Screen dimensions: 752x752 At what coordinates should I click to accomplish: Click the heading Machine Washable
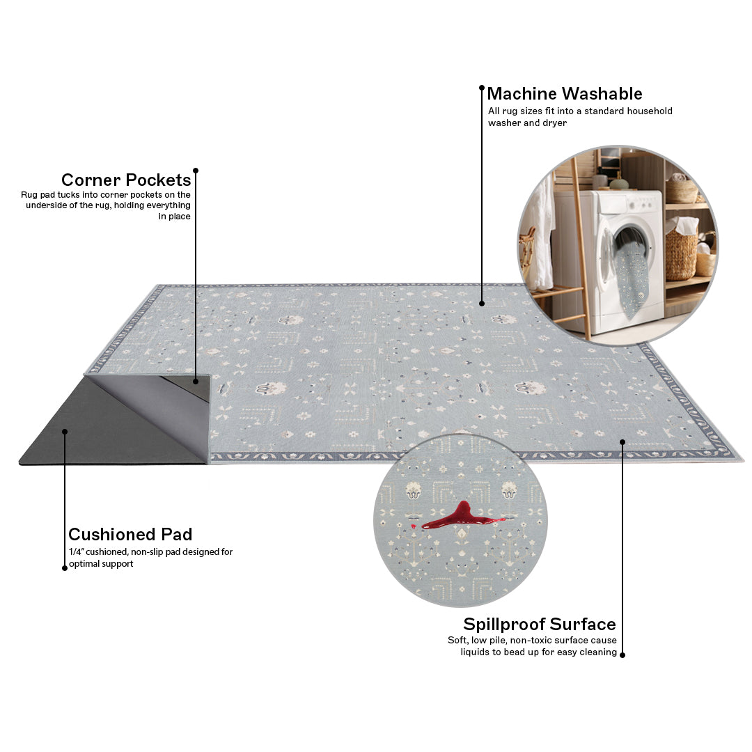click(565, 93)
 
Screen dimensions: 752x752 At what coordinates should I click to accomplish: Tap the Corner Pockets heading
click(126, 180)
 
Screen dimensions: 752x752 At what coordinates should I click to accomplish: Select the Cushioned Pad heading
click(130, 534)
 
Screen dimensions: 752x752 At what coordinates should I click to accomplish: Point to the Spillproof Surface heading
click(540, 624)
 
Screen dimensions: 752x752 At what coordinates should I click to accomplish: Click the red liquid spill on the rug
click(460, 517)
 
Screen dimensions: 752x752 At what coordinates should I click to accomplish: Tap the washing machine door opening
click(632, 244)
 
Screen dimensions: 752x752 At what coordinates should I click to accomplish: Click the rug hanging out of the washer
click(632, 278)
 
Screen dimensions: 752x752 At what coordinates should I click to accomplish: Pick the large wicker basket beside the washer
click(681, 249)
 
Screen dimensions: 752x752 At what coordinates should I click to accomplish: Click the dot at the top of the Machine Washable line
click(482, 88)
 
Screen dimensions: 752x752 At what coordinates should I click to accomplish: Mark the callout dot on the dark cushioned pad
click(65, 432)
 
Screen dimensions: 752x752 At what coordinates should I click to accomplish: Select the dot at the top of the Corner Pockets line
click(196, 171)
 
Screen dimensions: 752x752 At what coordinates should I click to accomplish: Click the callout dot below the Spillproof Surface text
click(622, 655)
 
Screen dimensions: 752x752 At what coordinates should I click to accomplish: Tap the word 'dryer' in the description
click(555, 123)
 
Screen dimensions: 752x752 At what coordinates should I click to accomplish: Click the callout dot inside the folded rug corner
click(196, 382)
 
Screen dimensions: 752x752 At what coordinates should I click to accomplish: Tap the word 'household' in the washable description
click(650, 111)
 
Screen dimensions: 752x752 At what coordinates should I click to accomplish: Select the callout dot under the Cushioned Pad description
click(65, 568)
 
